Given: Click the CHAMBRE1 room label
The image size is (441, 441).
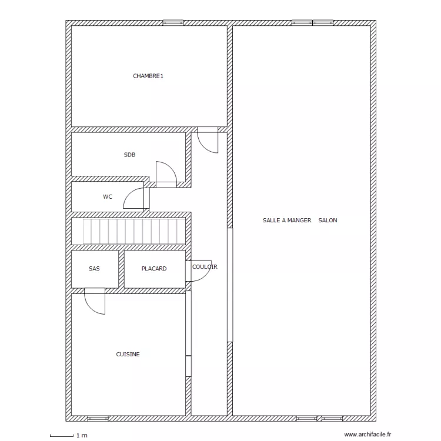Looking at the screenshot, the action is click(148, 76).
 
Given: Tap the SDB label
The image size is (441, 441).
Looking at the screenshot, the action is click(130, 155).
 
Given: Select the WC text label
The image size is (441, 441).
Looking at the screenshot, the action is click(108, 197).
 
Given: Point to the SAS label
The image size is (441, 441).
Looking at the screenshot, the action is click(94, 269).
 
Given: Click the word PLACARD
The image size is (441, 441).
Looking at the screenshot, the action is click(154, 269).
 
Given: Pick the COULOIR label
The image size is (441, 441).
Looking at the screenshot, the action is click(205, 266).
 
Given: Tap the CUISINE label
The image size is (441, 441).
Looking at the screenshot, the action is click(128, 355).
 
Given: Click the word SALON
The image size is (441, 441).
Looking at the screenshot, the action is click(328, 220).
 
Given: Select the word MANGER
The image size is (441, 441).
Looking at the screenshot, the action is click(299, 220).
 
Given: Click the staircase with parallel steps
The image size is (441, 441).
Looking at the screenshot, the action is click(134, 232).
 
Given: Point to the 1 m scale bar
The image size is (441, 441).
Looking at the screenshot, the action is click(62, 436).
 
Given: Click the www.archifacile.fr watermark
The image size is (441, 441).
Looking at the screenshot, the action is click(367, 435).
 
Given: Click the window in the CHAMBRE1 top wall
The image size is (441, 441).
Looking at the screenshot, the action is click(173, 23).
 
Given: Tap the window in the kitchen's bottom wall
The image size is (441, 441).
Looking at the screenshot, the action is click(98, 419).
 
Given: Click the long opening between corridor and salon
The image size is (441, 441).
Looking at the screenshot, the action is click(230, 285).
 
